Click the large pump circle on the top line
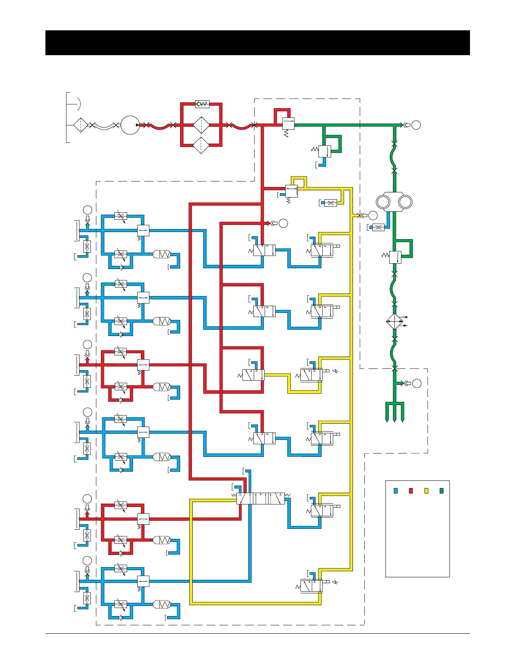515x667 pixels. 130,125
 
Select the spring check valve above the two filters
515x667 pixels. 202,104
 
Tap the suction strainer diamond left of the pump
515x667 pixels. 80,125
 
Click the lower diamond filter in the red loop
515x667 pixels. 202,145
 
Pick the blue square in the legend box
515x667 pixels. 396,491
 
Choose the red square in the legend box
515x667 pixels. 411,491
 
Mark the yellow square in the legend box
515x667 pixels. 426,491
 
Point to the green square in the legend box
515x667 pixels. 441,491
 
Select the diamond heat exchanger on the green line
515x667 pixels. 395,322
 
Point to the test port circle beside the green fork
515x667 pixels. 417,383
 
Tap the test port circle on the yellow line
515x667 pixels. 373,216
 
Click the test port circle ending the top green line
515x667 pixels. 416,125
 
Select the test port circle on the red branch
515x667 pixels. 283,223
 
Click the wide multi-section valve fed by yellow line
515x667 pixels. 261,499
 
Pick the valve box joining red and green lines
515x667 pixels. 288,123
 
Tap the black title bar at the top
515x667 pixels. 257,43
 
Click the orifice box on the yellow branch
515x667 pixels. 331,203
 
